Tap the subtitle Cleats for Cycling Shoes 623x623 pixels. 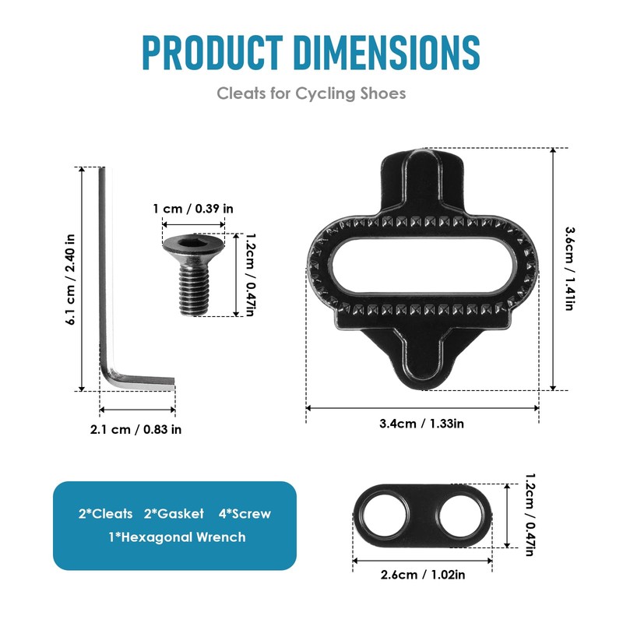point(311,93)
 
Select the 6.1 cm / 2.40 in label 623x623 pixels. point(71,279)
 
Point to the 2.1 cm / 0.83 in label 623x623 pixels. point(136,428)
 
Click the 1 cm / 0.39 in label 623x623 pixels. point(193,209)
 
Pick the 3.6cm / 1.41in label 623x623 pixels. point(569,269)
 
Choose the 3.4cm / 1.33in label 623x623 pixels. point(421,424)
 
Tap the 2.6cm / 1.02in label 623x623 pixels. point(422,575)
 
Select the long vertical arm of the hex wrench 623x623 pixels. point(104,273)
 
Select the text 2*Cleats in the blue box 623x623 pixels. point(106,514)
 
